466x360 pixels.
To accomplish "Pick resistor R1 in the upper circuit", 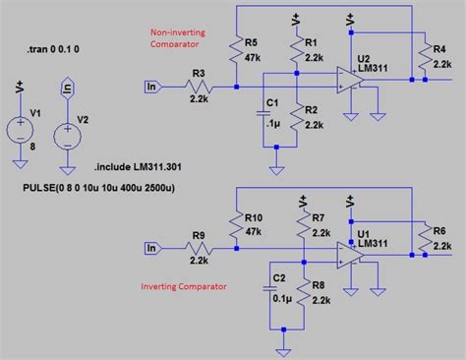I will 296,55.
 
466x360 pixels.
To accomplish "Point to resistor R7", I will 304,227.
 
